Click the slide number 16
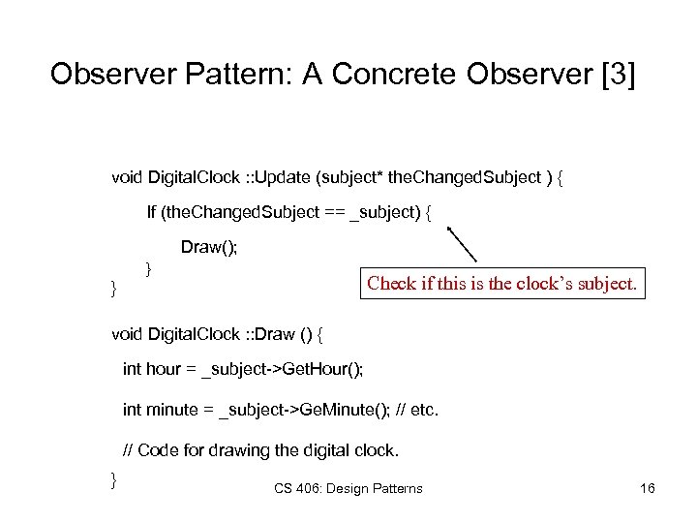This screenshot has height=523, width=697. pyautogui.click(x=648, y=488)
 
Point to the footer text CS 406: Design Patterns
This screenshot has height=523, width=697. pyautogui.click(x=348, y=488)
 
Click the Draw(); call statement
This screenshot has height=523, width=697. pyautogui.click(x=209, y=247)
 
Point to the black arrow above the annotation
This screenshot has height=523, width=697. pyautogui.click(x=462, y=244)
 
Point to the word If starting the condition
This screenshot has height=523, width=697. pyautogui.click(x=152, y=212)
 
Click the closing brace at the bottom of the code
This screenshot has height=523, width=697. pyautogui.click(x=114, y=479)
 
